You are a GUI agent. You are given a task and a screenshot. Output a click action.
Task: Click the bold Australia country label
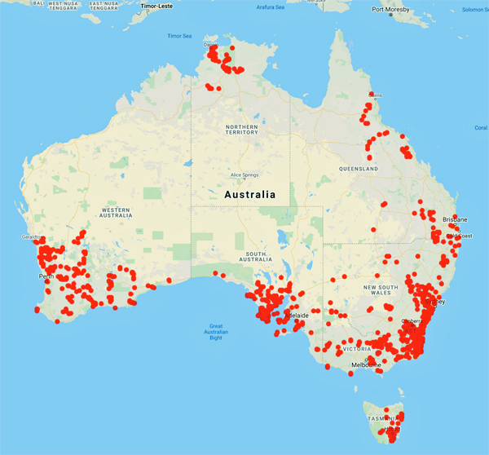(249, 195)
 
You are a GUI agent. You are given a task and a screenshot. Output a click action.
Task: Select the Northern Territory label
(242, 132)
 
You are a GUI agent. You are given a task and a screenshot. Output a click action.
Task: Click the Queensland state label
(359, 168)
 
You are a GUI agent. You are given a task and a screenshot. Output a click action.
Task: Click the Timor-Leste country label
(157, 6)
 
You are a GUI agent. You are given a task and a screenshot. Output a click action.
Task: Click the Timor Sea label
(178, 36)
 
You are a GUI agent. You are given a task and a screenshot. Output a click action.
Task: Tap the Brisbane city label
(454, 220)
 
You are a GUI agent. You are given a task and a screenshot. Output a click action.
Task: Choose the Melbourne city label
(366, 365)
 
